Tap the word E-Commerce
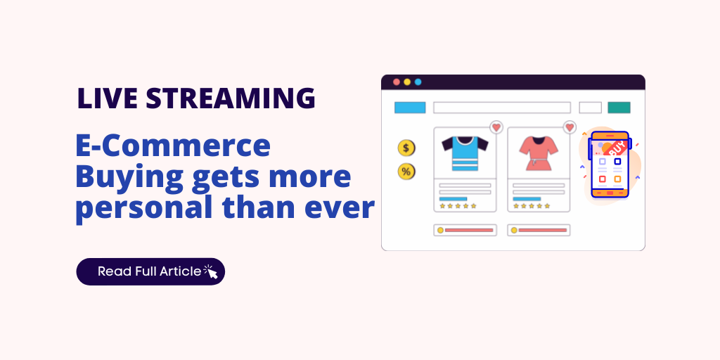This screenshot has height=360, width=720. coord(172,146)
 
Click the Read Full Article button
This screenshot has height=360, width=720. coord(150,271)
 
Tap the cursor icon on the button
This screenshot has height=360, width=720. coord(210,271)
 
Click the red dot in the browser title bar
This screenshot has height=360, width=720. coord(397,82)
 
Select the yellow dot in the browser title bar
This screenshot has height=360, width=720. coord(407,82)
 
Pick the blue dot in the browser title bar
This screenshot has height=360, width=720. coord(418,82)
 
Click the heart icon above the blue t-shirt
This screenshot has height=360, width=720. coord(496,127)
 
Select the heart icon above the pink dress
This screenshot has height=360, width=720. coord(570,127)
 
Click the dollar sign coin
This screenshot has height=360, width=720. coord(406,148)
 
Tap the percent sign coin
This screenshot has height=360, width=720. coord(406,171)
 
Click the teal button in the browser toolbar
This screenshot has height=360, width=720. coord(619,108)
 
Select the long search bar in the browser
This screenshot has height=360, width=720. coord(501,108)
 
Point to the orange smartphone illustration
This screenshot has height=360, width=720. coord(609,165)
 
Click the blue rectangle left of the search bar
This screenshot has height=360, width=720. coord(410,108)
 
